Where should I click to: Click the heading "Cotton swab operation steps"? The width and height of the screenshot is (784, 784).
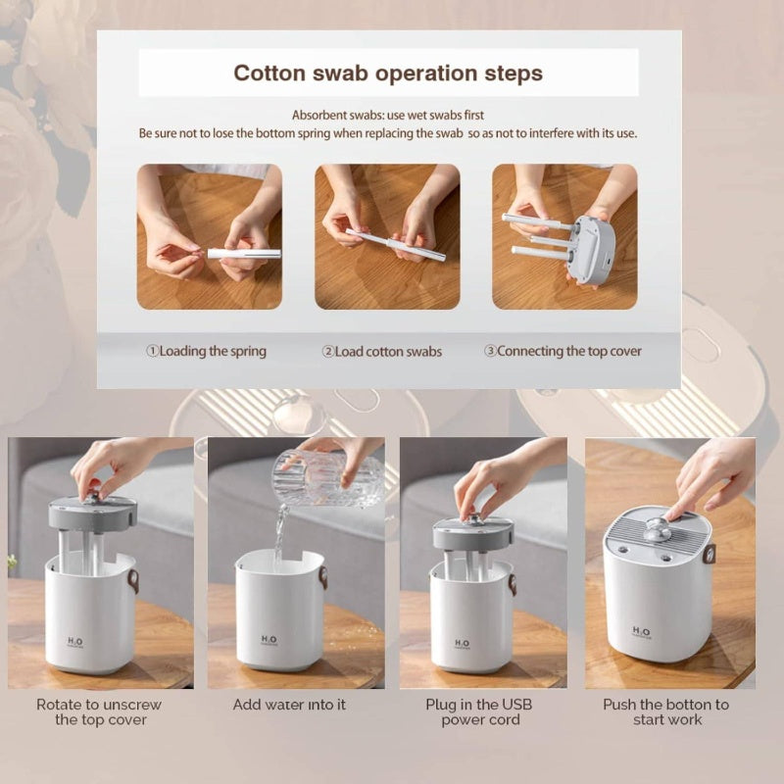pos(388,73)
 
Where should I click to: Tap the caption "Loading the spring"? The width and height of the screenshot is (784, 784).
pos(213,351)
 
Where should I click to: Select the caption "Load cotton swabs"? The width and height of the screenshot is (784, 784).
pos(388,352)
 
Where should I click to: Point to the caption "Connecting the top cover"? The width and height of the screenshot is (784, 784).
pos(569,351)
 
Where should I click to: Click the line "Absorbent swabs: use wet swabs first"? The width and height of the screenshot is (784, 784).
pos(388,115)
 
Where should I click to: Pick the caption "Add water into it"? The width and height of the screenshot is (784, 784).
pos(289,705)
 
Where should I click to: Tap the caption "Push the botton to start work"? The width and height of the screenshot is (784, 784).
pos(666,712)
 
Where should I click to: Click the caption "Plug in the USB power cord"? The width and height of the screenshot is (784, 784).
pos(479,712)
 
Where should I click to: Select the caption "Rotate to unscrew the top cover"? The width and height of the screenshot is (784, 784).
pos(99,712)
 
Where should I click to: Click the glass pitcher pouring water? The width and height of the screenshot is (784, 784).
pos(327,477)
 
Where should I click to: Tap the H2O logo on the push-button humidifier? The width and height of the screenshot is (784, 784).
pos(641,632)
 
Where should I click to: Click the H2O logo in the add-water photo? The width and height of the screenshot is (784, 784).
pos(269,640)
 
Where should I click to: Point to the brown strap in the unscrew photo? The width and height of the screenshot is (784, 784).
pos(133,580)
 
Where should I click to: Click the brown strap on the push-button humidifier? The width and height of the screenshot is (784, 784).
pos(709,554)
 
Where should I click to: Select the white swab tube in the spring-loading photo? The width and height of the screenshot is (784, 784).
pos(244,254)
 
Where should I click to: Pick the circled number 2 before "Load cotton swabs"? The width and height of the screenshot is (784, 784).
pos(328,352)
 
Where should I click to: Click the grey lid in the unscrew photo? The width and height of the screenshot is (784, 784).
pos(92,514)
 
